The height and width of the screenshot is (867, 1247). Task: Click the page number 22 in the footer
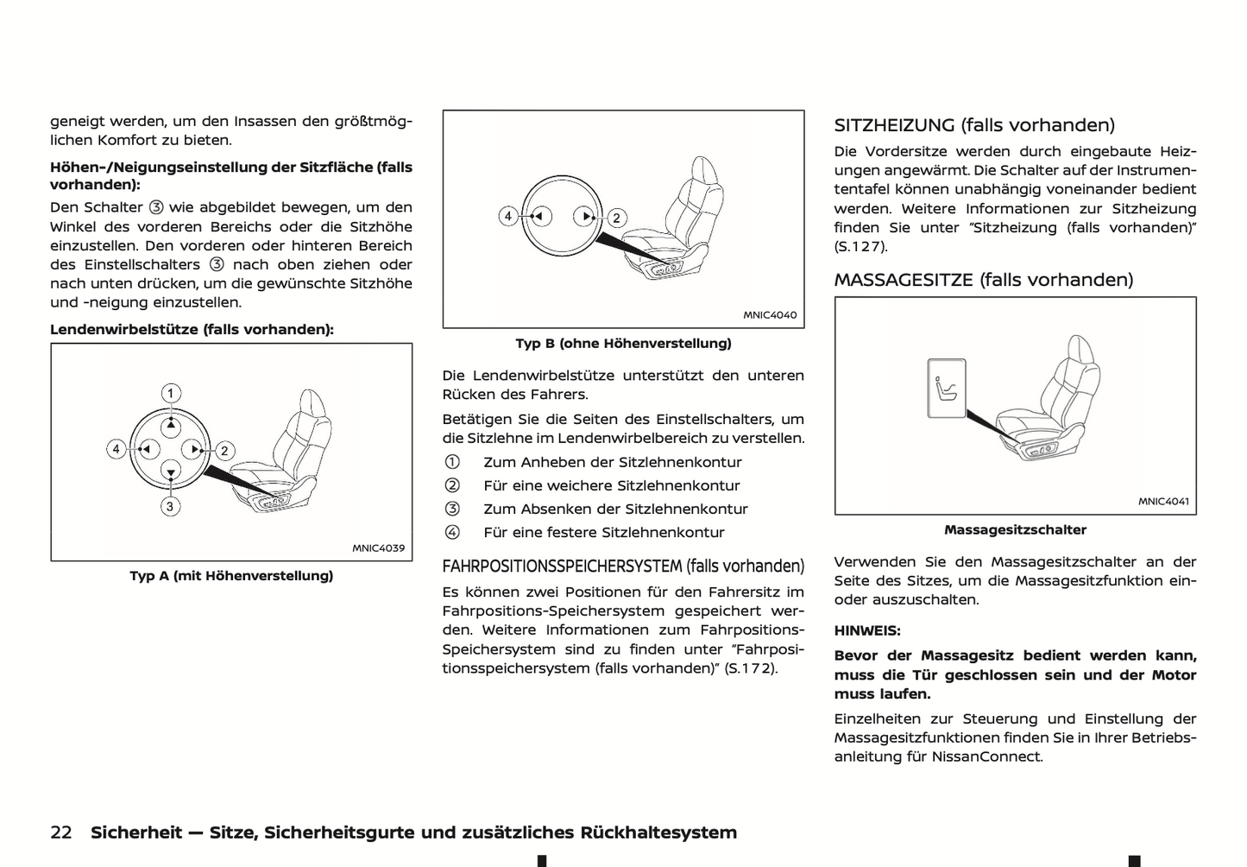pos(61,832)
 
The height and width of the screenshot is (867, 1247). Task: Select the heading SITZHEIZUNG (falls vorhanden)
pos(974,125)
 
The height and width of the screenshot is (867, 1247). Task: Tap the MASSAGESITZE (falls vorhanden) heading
pos(983,280)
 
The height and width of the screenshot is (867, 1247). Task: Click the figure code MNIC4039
pos(378,548)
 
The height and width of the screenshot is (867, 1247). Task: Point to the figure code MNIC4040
pos(770,315)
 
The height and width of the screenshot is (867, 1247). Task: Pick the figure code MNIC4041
pos(1162,502)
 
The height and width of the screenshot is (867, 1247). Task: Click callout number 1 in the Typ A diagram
pos(171,394)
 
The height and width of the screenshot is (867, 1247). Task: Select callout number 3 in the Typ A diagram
pos(171,507)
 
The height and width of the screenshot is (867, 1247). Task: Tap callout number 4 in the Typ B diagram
pos(508,216)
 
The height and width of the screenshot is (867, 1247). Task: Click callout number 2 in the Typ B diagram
pos(616,218)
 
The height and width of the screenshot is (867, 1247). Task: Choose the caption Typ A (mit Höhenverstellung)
pos(231,576)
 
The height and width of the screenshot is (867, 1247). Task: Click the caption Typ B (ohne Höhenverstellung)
pos(623,344)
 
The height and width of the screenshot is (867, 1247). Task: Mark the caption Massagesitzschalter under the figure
pos(1015,530)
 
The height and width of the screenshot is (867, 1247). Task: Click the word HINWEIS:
pos(867,631)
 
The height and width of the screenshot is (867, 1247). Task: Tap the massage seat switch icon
pos(947,389)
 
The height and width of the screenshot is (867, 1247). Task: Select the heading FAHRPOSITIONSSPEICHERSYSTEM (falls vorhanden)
pos(623,566)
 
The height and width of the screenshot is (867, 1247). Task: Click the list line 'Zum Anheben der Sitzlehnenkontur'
pos(612,463)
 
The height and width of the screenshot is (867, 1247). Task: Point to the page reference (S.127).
pos(860,247)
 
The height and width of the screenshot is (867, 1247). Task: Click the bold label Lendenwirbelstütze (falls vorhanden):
pos(192,330)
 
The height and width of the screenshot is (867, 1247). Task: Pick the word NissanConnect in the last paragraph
pos(986,757)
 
